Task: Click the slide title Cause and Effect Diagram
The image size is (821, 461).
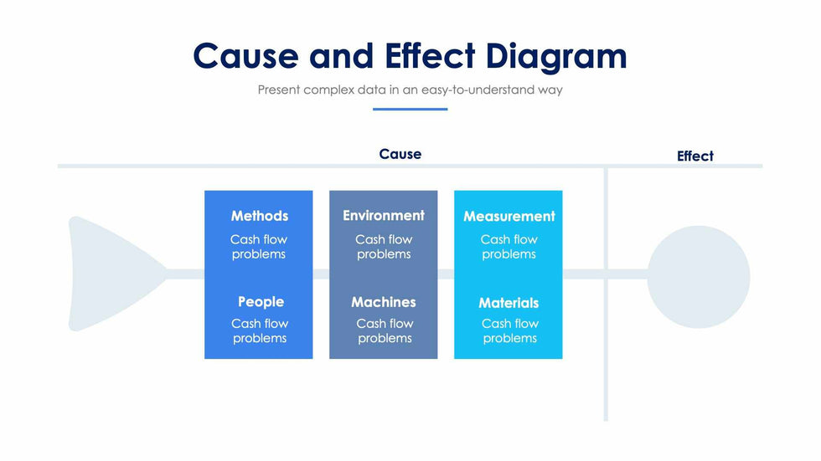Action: pos(410,56)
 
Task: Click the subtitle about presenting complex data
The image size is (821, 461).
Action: pos(410,90)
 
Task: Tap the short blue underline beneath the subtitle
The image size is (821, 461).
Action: pos(410,109)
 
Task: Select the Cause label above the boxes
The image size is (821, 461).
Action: pos(400,154)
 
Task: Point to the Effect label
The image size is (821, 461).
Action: pos(695,156)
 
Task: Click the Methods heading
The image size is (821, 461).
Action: pos(260,216)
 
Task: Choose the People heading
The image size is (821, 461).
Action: pos(261,302)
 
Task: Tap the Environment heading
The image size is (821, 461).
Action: pos(384,216)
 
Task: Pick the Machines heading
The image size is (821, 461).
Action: pos(384,302)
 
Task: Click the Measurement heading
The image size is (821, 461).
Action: pos(509,217)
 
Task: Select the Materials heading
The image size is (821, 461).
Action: pos(509,303)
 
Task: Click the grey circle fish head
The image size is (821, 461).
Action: pos(699,276)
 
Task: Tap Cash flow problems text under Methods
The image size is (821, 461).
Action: pos(259,247)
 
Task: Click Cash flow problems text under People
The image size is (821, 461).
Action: pos(260,330)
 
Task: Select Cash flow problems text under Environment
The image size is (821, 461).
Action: pos(384,247)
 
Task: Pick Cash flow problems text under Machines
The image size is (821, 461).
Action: pos(385,330)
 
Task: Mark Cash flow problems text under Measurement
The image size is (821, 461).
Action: pos(509,247)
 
